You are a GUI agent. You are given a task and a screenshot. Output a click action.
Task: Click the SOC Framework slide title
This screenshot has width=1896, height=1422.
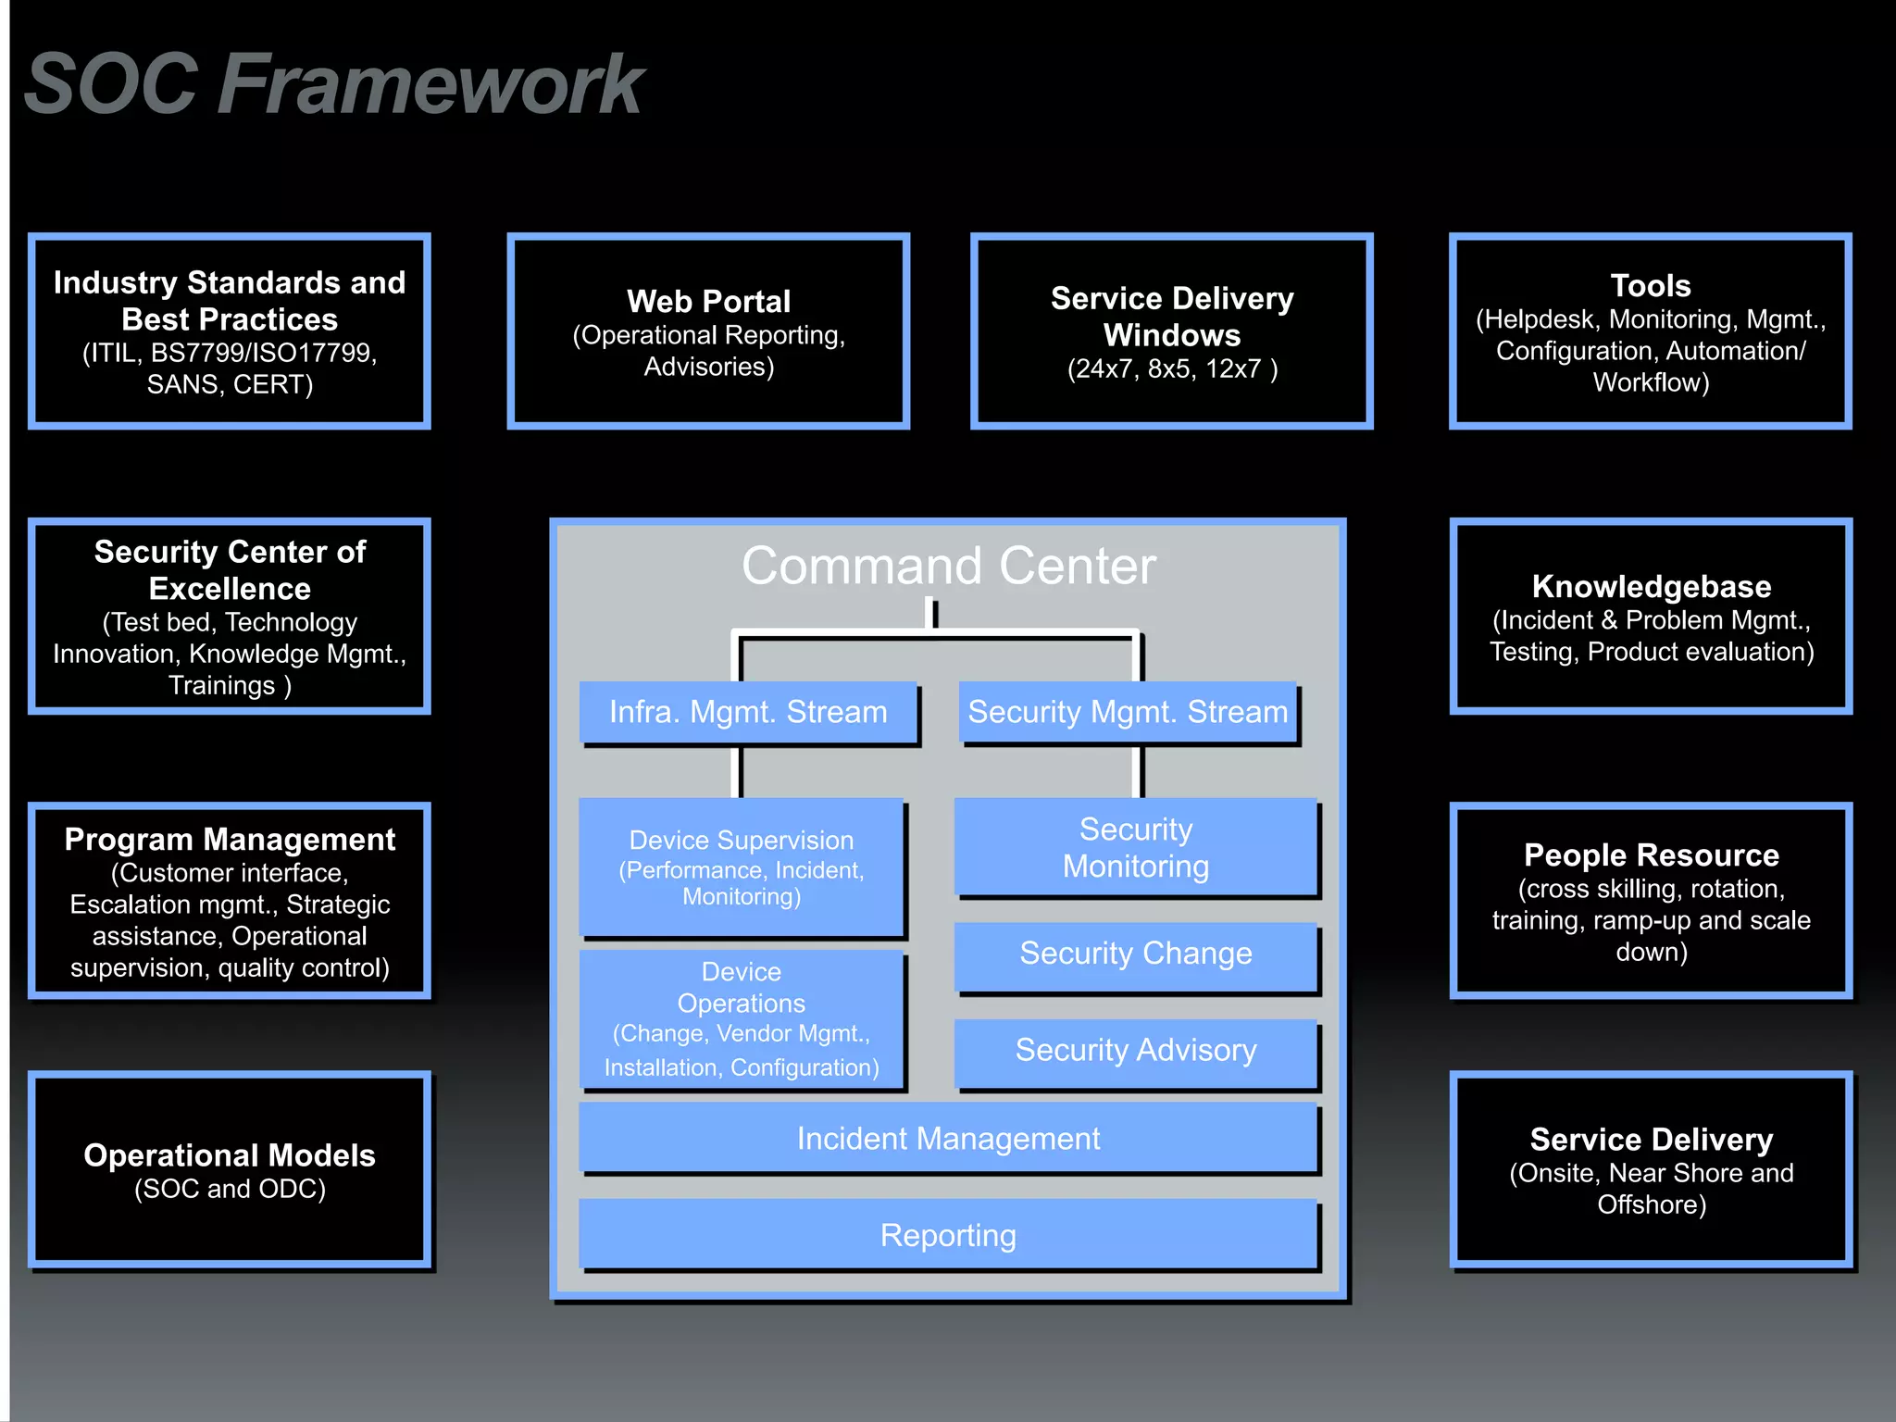333,85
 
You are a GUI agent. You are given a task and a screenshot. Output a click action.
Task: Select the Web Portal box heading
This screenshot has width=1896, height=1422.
708,302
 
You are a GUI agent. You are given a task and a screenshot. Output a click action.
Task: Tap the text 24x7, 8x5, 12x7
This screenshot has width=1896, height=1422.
1172,369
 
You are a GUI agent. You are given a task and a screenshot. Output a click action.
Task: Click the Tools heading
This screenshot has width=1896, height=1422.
1650,285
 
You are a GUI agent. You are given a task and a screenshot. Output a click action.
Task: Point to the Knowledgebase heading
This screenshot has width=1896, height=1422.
1651,587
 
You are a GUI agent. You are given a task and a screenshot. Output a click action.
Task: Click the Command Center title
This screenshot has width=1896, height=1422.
948,566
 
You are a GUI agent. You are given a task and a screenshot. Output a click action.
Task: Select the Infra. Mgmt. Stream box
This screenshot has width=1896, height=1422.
748,712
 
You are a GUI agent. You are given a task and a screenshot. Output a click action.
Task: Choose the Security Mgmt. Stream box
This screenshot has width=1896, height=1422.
1128,712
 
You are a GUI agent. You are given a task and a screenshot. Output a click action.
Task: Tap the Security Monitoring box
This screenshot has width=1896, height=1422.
1135,847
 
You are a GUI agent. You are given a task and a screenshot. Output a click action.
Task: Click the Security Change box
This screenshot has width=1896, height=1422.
1135,954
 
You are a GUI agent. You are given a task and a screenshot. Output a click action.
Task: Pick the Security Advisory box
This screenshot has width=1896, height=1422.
1135,1051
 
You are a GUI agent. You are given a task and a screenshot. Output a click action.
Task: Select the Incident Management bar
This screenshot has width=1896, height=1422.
948,1139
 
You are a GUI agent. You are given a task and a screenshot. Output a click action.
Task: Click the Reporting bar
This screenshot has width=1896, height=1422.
948,1236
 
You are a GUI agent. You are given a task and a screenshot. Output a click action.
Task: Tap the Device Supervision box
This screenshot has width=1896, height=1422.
741,867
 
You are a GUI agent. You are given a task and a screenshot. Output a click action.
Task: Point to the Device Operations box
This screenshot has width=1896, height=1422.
741,1018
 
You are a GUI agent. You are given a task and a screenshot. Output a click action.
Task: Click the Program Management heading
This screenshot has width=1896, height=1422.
230,840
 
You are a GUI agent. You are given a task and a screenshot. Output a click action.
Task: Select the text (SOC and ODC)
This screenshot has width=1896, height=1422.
230,1189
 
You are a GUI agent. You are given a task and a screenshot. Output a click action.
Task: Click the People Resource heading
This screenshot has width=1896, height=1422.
1651,855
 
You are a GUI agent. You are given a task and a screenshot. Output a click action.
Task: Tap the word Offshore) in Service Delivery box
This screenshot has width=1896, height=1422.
1651,1204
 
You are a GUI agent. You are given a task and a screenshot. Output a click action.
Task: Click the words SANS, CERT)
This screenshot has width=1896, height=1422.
230,384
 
